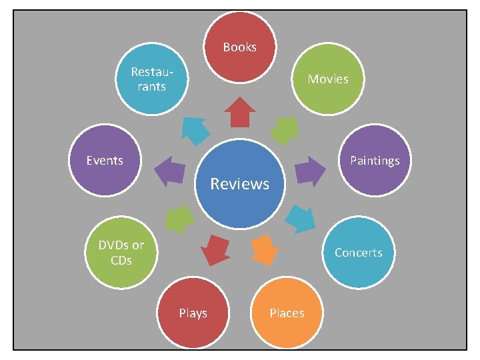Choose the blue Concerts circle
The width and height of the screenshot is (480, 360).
359,252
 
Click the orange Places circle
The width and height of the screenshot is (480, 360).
287,313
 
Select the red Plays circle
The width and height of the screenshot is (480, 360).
193,313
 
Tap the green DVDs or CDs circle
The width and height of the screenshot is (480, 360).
121,252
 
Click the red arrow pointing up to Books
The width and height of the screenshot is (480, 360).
240,112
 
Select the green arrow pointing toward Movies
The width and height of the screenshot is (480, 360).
285,131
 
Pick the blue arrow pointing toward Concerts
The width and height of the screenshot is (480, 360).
301,218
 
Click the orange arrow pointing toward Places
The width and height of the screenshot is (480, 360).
264,249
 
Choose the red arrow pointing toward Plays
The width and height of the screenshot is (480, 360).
215,249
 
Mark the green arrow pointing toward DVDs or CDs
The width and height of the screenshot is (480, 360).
179,218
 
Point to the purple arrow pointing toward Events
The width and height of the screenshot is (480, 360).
170,171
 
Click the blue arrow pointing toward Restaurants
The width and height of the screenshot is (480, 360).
195,131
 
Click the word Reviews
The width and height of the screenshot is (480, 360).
240,183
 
